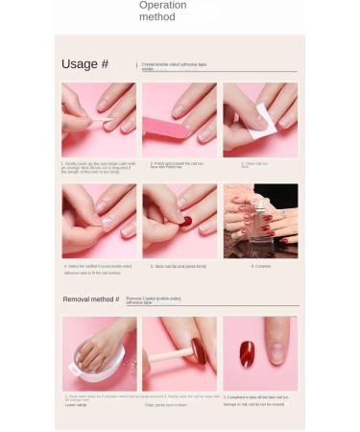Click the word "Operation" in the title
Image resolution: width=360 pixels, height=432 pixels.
(162, 6)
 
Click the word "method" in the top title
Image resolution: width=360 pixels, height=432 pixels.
(157, 17)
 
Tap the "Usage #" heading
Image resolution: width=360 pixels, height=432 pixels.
(84, 64)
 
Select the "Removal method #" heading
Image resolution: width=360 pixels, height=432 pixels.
(91, 300)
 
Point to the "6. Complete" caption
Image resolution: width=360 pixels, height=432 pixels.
(260, 267)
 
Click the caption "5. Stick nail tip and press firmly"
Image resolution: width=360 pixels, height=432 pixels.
(179, 267)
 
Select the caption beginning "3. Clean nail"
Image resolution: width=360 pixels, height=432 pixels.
(254, 164)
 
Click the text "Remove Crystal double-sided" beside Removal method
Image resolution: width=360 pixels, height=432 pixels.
(154, 299)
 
